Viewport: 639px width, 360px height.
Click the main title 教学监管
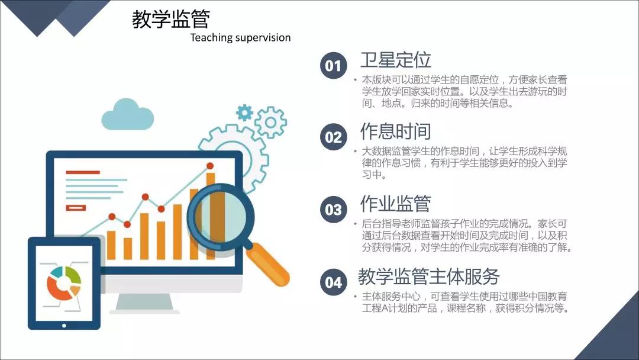(x=171, y=19)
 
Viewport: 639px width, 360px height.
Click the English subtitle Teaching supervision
(x=240, y=38)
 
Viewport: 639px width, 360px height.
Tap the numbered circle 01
(x=333, y=66)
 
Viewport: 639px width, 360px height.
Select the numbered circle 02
(x=333, y=137)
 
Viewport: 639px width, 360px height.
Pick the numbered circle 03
(x=333, y=210)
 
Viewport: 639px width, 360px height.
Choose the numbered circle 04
(x=333, y=282)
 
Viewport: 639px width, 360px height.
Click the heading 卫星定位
(x=396, y=60)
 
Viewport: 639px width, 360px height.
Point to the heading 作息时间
(x=396, y=131)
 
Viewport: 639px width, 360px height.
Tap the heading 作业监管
(x=396, y=204)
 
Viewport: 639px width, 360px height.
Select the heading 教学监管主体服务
(x=429, y=277)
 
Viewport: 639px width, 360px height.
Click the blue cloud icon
(x=128, y=114)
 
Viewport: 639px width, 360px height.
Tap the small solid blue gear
(x=244, y=112)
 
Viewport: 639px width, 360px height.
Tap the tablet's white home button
(x=64, y=325)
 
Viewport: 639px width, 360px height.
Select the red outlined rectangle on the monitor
(x=76, y=208)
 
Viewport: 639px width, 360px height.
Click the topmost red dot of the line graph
(x=210, y=166)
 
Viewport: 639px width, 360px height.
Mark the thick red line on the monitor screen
(x=83, y=172)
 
